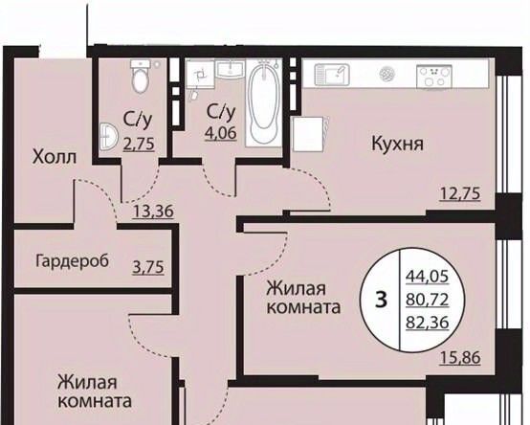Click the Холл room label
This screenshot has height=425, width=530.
pyautogui.click(x=55, y=158)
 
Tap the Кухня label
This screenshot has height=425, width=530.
pyautogui.click(x=398, y=144)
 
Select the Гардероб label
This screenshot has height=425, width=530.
pyautogui.click(x=73, y=261)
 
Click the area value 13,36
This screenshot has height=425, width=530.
pyautogui.click(x=153, y=212)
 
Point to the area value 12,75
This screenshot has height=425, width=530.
pyautogui.click(x=460, y=194)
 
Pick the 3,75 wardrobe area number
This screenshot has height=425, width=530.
pyautogui.click(x=148, y=267)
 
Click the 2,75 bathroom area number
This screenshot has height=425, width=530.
pyautogui.click(x=139, y=144)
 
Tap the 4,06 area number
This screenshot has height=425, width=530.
pyautogui.click(x=221, y=133)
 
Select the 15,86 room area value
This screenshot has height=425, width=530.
pyautogui.click(x=460, y=358)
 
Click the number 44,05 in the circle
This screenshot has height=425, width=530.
pyautogui.click(x=428, y=277)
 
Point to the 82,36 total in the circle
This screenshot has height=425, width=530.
pyautogui.click(x=428, y=323)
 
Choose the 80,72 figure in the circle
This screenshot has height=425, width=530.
pyautogui.click(x=428, y=300)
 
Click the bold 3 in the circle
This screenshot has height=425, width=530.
pyautogui.click(x=382, y=300)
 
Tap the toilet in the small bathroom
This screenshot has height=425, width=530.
pyautogui.click(x=140, y=77)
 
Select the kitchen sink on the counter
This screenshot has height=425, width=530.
pyautogui.click(x=332, y=75)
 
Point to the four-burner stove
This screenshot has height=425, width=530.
pyautogui.click(x=434, y=77)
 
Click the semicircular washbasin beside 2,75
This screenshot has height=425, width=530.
pyautogui.click(x=108, y=137)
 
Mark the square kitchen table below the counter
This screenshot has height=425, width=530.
pyautogui.click(x=308, y=134)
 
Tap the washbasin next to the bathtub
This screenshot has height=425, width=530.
pyautogui.click(x=231, y=70)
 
